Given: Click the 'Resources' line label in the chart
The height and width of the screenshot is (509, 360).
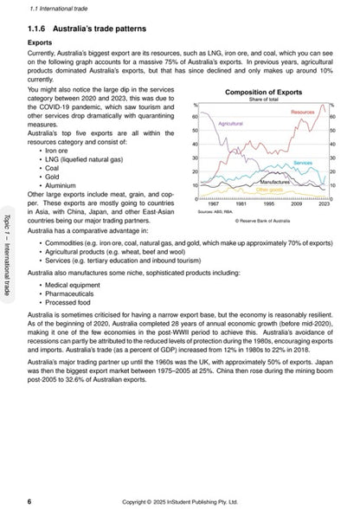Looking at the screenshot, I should pos(303,113).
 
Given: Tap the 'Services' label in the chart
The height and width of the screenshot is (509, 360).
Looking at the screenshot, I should pos(303,163).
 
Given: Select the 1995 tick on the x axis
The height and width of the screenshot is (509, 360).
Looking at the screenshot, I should pos(269,204).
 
